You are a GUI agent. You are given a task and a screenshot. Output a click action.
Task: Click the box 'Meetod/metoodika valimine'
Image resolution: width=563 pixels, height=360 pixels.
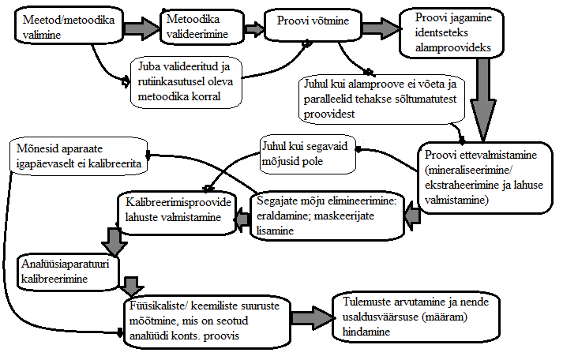[69, 26]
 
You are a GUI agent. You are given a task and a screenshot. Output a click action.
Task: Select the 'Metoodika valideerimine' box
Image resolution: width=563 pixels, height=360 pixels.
[202, 26]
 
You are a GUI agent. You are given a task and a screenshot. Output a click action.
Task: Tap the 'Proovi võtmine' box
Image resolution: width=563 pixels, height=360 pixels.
[313, 24]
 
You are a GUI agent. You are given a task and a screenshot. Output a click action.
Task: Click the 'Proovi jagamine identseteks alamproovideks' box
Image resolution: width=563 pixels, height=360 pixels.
[452, 32]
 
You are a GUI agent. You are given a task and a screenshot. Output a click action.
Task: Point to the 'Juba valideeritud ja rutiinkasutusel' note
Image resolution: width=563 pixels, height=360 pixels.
[186, 82]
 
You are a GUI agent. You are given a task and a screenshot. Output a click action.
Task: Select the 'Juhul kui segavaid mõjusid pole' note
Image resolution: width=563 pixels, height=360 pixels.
[309, 154]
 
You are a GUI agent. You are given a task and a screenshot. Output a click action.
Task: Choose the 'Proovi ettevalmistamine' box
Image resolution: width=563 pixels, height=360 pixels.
[485, 178]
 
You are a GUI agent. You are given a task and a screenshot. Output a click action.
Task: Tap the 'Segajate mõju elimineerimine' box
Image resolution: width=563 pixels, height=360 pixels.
[327, 216]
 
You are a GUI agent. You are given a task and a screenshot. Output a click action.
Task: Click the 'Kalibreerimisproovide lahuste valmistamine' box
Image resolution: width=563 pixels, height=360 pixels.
[178, 213]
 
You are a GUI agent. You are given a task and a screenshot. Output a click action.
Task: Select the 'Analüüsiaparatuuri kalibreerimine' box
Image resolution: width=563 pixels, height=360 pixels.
[68, 272]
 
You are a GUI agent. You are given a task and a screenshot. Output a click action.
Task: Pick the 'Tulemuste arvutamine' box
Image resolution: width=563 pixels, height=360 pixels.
[416, 317]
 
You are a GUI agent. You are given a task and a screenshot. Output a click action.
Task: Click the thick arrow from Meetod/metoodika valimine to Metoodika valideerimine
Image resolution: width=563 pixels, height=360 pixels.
[142, 28]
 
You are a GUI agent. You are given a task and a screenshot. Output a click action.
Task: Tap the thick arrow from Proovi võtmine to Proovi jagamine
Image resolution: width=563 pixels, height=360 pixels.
[381, 28]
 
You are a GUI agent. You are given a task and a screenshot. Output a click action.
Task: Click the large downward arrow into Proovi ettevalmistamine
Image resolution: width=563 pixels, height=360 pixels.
[484, 99]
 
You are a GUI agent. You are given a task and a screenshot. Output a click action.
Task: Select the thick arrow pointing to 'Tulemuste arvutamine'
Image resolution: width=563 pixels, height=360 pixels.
[312, 318]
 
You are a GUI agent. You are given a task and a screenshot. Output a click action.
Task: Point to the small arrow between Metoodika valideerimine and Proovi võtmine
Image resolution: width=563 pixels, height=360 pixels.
[254, 28]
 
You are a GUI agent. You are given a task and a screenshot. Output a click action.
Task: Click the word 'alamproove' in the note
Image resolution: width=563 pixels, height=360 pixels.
[370, 84]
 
